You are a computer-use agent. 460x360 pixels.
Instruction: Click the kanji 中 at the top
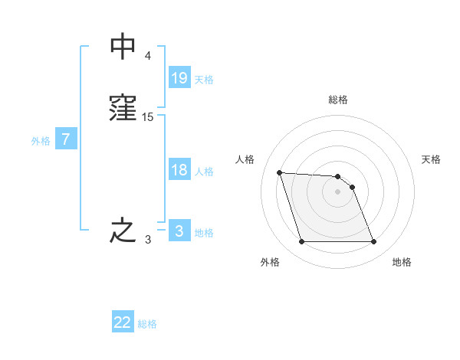(123, 46)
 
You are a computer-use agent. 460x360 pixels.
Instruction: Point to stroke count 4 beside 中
(147, 56)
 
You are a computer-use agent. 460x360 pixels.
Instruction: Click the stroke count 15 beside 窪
(148, 117)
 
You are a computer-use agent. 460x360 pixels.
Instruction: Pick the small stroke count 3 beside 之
(147, 240)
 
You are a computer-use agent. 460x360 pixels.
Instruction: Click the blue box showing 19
(179, 77)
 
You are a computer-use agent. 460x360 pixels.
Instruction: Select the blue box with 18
(179, 170)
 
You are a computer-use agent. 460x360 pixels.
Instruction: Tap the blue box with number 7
(66, 140)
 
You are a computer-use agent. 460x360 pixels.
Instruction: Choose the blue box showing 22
(123, 322)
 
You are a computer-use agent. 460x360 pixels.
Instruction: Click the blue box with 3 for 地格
(179, 231)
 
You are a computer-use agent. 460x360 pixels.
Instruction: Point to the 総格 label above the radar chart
(338, 100)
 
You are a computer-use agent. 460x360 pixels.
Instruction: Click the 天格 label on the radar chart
(431, 159)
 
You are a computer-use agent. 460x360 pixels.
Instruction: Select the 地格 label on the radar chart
(402, 262)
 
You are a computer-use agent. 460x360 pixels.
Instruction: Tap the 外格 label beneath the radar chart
(270, 262)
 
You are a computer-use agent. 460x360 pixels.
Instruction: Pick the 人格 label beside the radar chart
(245, 159)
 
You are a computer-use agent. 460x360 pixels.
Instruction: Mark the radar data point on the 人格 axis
(280, 172)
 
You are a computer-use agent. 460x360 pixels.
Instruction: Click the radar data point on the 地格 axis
(373, 242)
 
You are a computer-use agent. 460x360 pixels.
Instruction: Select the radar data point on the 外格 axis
(301, 242)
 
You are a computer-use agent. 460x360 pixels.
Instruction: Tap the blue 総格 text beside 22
(147, 324)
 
